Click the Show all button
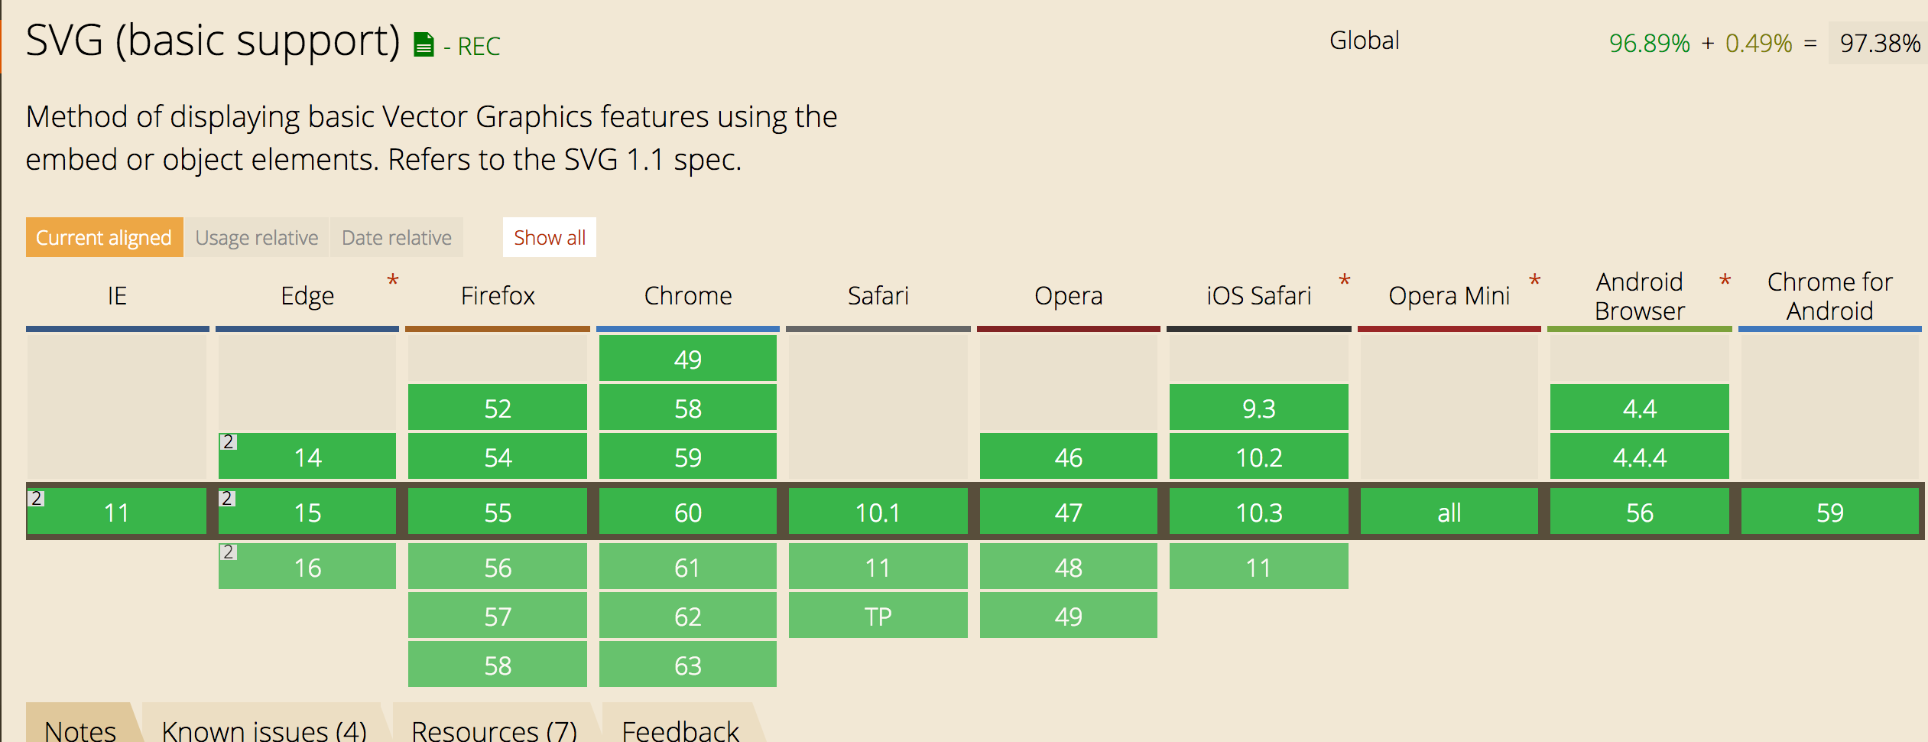pyautogui.click(x=549, y=237)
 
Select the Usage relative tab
pyautogui.click(x=257, y=237)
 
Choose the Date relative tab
pyautogui.click(x=397, y=237)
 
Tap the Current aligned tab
pyautogui.click(x=104, y=237)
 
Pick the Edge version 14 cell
pyautogui.click(x=307, y=457)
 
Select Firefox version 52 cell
pyautogui.click(x=498, y=408)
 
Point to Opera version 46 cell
pyautogui.click(x=1069, y=457)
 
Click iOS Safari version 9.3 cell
pyautogui.click(x=1259, y=408)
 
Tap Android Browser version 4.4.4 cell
pyautogui.click(x=1640, y=457)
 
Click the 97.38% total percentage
pyautogui.click(x=1880, y=43)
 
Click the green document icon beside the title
pyautogui.click(x=424, y=44)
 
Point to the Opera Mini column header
pyautogui.click(x=1449, y=295)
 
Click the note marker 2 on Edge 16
pyautogui.click(x=228, y=552)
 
